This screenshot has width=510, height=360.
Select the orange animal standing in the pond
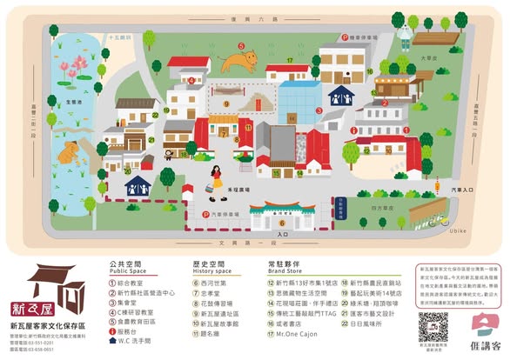[x=68, y=153]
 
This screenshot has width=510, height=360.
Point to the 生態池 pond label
[x=74, y=103]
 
